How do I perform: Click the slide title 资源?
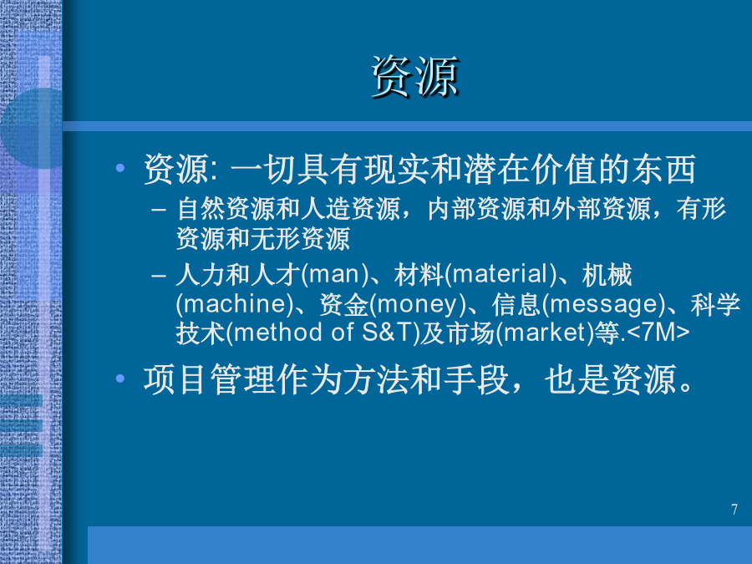414,77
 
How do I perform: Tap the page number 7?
734,510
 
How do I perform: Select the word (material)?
500,275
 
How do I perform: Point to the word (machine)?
235,304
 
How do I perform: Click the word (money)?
418,304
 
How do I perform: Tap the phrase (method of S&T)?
323,333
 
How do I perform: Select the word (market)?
544,333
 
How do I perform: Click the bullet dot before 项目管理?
119,379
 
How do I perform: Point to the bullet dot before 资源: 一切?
119,168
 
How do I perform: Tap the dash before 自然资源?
158,210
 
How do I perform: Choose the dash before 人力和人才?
158,277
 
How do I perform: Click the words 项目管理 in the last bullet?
210,379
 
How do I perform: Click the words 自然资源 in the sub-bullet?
226,209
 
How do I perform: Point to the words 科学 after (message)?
715,304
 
